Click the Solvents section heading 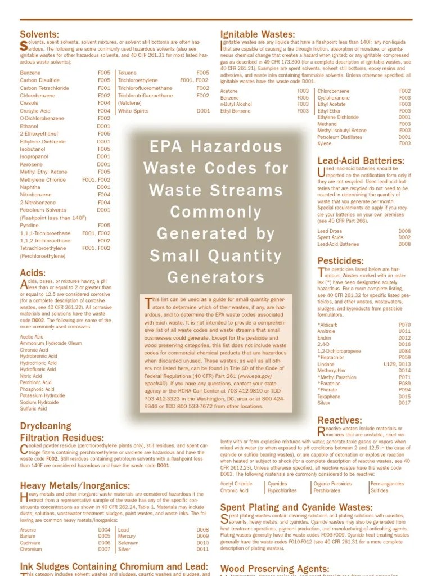39,34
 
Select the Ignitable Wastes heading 257,34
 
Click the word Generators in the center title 216,277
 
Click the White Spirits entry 133,111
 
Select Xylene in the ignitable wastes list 325,143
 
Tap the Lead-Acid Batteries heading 361,161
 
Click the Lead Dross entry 330,231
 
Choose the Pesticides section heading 340,261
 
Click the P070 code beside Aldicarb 404,325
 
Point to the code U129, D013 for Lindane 397,364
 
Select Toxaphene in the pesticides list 329,397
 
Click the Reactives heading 340,420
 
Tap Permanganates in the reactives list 387,484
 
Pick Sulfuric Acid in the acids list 33,409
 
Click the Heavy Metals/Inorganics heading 75,485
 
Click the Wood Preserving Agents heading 274,569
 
